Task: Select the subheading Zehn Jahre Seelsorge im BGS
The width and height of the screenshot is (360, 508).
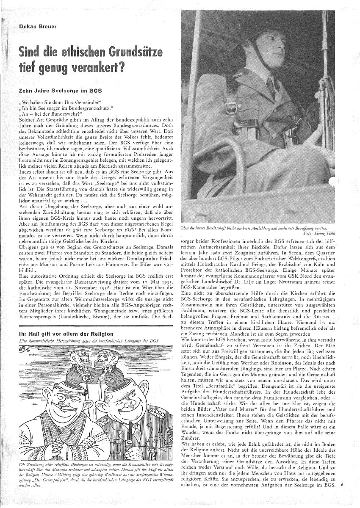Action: click(x=58, y=90)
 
